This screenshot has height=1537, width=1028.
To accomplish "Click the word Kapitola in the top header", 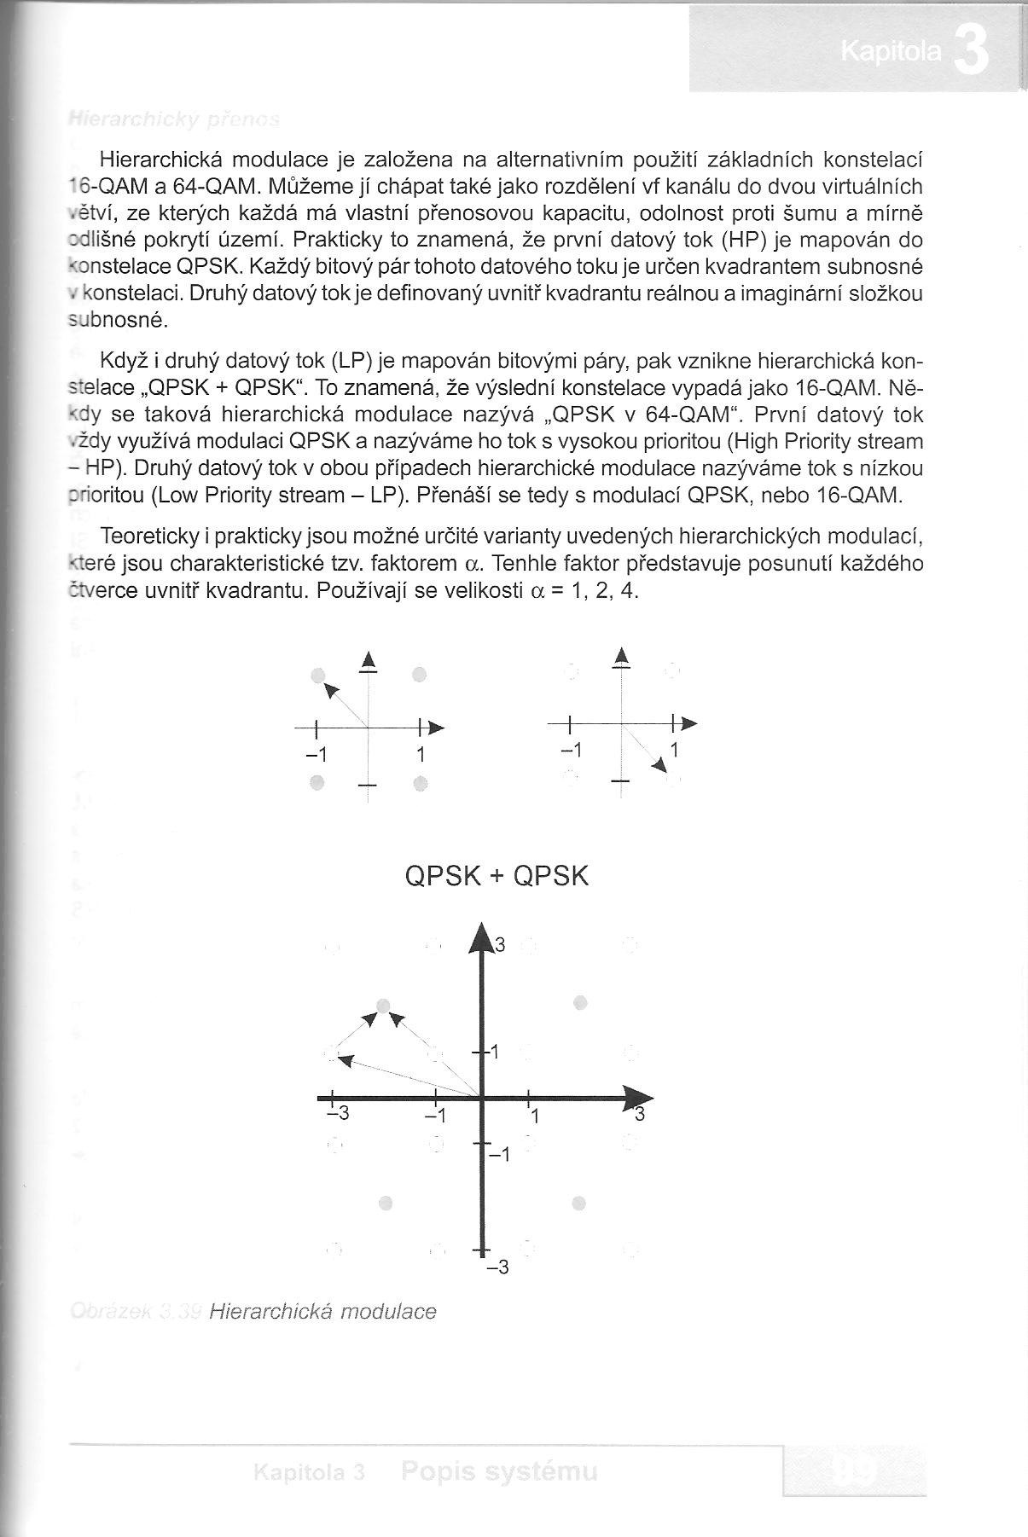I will tap(891, 53).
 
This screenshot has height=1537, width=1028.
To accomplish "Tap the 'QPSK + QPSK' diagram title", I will tap(497, 876).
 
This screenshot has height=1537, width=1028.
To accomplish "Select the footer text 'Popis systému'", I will tap(499, 1471).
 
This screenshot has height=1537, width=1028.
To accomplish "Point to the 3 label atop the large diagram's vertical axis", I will tap(501, 944).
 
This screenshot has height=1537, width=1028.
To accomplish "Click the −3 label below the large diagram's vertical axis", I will tap(497, 1267).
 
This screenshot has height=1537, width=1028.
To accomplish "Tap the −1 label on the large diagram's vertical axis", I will tap(498, 1155).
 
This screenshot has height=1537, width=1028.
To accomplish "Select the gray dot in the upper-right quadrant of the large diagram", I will tap(581, 1002).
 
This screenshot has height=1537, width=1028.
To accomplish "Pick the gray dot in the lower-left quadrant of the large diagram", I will tap(386, 1203).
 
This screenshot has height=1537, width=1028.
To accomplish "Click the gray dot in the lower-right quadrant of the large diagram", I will tap(580, 1203).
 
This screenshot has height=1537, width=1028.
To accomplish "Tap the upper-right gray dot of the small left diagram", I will tap(418, 675).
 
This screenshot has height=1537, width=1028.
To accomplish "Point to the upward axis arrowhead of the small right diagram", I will tap(623, 656).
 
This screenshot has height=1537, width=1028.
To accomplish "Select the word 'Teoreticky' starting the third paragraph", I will tap(149, 536).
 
